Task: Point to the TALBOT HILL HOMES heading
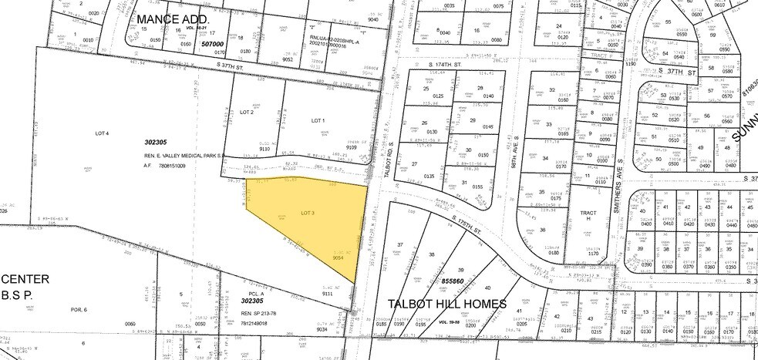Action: point(447,303)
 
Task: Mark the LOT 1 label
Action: point(319,120)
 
